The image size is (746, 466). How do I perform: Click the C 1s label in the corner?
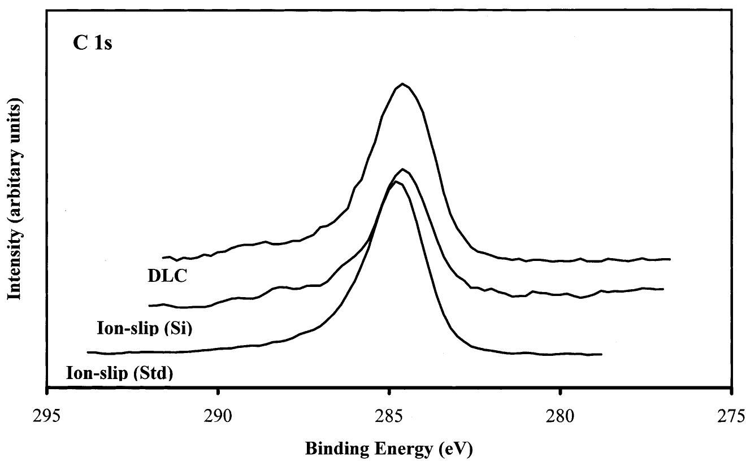(93, 43)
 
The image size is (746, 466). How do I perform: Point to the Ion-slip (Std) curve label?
(119, 373)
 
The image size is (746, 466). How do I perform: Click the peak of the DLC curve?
(402, 84)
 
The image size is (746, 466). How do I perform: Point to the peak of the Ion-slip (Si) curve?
(402, 169)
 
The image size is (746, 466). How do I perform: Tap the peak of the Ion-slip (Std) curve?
(396, 181)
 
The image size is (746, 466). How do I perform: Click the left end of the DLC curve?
(163, 257)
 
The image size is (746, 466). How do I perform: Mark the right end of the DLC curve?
(670, 259)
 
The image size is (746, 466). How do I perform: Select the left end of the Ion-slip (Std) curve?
(88, 352)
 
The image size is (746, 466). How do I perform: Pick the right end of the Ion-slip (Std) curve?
(602, 354)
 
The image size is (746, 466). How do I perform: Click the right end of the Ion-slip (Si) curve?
(663, 289)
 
